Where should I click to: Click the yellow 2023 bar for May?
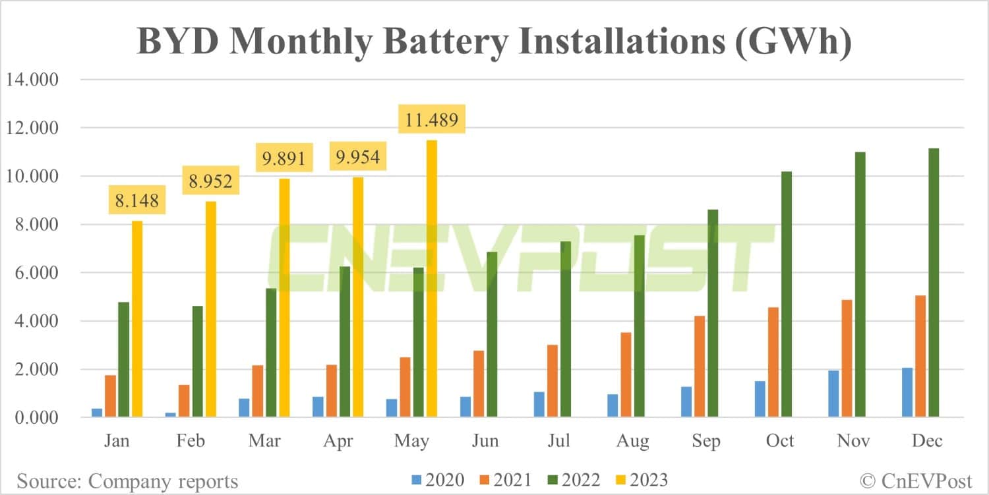click(432, 279)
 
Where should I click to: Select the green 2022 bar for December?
click(933, 283)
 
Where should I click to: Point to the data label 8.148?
click(136, 200)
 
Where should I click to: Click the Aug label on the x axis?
click(632, 440)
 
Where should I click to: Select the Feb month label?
click(191, 440)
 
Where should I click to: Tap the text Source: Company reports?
click(128, 480)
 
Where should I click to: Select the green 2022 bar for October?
click(786, 294)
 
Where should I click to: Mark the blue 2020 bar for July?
click(539, 404)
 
